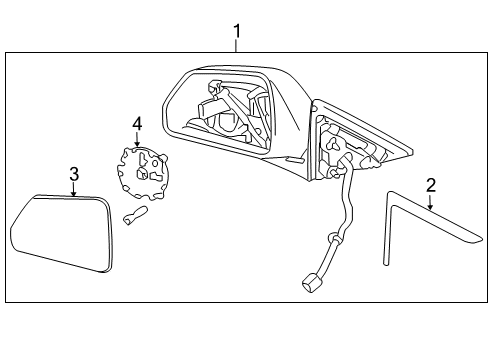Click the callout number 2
point(431,184)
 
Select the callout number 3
point(74,176)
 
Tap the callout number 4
point(137,124)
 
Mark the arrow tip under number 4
point(137,147)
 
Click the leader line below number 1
point(237,47)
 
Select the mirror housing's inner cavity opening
point(225,110)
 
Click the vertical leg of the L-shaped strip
point(388,235)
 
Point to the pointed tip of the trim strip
point(476,240)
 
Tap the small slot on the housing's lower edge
point(293,159)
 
